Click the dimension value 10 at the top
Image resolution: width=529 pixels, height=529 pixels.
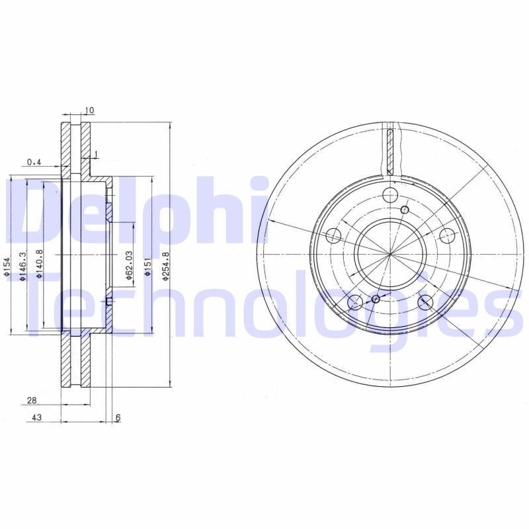tap(90, 110)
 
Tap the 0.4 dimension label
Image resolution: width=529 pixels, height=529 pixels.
tap(34, 162)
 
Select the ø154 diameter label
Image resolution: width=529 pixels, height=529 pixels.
tap(5, 267)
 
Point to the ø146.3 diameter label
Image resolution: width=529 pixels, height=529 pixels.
tap(22, 266)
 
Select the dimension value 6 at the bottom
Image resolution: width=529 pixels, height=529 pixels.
tap(118, 418)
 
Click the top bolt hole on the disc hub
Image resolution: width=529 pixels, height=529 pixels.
tap(390, 194)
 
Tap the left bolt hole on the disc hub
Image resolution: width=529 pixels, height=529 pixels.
tap(335, 236)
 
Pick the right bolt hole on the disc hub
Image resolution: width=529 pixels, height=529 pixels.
tap(447, 235)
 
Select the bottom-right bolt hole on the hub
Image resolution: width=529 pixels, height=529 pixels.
tap(426, 302)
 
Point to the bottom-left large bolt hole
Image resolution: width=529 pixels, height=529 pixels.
tap(355, 302)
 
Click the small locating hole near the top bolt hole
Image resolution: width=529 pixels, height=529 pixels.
tap(405, 210)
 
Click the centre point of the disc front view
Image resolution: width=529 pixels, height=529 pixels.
tap(390, 254)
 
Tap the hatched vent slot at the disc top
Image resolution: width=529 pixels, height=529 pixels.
tap(391, 149)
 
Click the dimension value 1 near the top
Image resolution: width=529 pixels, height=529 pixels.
tap(97, 154)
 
